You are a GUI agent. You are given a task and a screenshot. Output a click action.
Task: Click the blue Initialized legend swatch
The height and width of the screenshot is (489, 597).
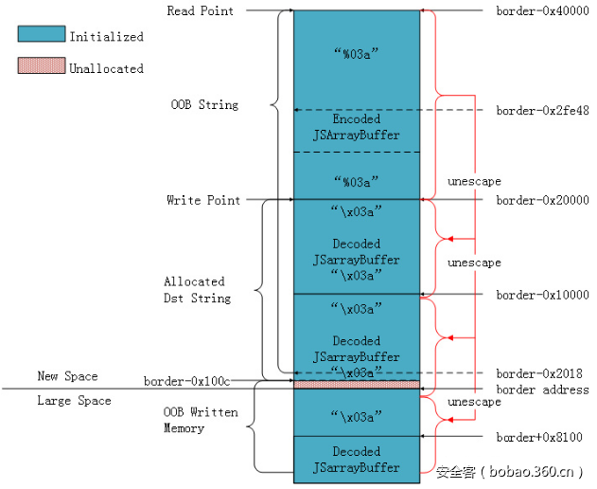click(41, 34)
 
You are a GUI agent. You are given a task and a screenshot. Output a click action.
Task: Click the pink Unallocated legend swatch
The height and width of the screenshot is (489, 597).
click(41, 67)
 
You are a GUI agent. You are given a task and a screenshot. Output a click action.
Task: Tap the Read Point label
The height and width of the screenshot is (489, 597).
click(200, 11)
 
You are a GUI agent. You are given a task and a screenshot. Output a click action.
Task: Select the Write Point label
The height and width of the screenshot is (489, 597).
click(202, 201)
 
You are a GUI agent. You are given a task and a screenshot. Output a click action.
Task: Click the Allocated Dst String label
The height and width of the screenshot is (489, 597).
click(196, 290)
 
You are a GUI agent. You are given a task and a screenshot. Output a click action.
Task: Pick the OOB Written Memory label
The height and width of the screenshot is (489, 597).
click(201, 420)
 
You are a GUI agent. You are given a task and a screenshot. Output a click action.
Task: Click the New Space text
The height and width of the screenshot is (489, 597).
click(67, 376)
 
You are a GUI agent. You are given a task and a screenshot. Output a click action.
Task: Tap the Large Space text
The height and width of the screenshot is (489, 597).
click(74, 401)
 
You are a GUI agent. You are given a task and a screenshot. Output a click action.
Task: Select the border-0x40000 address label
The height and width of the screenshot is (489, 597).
click(542, 11)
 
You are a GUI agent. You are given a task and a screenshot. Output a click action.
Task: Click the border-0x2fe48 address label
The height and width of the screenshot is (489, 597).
click(542, 111)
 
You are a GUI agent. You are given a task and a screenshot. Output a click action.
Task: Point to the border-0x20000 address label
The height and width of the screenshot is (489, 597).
click(542, 201)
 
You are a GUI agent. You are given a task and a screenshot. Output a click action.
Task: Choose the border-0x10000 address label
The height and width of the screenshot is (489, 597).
click(542, 295)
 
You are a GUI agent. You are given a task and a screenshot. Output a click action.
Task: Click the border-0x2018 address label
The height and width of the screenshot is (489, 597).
click(538, 373)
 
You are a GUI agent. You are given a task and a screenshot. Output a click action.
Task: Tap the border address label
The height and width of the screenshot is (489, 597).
click(542, 389)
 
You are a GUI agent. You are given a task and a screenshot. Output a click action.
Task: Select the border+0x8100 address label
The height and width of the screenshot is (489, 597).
click(538, 437)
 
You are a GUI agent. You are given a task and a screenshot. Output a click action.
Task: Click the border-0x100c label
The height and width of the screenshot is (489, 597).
click(186, 381)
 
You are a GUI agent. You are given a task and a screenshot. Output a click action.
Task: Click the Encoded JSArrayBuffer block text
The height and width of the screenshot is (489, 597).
click(357, 127)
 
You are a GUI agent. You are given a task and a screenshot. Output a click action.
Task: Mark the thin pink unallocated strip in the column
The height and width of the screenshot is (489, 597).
click(357, 385)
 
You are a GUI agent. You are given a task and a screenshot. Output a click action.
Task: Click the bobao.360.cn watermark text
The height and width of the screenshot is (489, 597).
click(510, 471)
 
